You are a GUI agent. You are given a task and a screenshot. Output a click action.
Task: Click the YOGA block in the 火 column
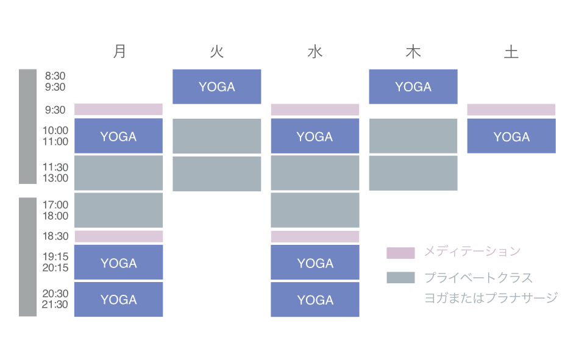[x=217, y=86]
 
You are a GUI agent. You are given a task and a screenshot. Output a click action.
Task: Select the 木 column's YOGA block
[x=413, y=86]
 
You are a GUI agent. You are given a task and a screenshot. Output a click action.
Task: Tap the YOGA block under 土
[x=511, y=136]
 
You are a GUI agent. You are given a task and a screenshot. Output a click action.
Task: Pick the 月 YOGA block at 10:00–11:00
[x=118, y=136]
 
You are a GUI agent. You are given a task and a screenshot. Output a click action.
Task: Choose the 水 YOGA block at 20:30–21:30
[x=315, y=300]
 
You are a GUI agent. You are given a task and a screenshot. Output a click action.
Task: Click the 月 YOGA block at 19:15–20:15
[x=118, y=263]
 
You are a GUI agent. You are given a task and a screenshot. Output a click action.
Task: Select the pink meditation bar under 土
[x=511, y=110]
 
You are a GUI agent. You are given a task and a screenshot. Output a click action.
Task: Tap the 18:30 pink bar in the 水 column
[x=315, y=236]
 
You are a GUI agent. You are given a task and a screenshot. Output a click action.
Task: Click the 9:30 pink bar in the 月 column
[x=118, y=110]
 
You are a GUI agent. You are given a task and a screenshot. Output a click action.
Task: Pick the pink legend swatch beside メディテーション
[x=400, y=253]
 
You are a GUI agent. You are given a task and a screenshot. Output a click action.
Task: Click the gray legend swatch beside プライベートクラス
[x=400, y=278]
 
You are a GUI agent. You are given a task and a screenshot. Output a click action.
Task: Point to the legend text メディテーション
[x=472, y=251]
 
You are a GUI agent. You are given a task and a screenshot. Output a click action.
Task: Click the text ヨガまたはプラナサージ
[x=491, y=298]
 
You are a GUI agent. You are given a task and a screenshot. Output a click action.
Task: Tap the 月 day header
[x=119, y=52]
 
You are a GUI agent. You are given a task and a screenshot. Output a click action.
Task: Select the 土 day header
[x=511, y=52]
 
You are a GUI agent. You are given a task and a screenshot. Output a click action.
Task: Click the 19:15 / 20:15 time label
[x=55, y=263]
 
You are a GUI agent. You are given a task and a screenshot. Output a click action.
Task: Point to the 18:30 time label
[x=55, y=236]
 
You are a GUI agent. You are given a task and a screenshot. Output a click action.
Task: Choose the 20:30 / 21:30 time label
[x=55, y=299]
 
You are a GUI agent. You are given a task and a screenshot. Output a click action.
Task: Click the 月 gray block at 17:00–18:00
[x=118, y=210]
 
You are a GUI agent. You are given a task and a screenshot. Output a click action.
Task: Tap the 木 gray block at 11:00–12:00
[x=413, y=173]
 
